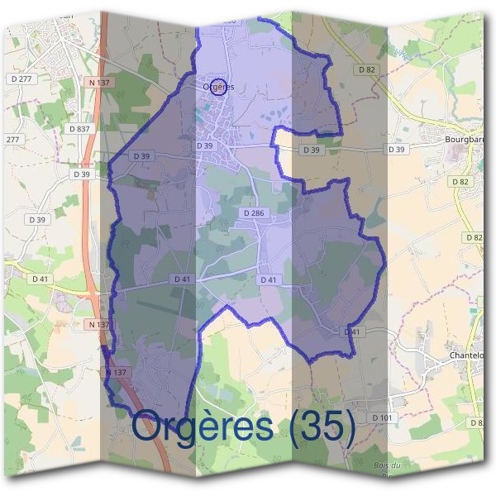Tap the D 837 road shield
(80, 129)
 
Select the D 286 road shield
(254, 213)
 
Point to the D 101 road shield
(382, 417)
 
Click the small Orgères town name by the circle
(218, 87)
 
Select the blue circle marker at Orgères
(218, 86)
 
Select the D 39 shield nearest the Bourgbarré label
(398, 150)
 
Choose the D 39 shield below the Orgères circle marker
(205, 145)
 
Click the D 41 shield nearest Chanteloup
(352, 331)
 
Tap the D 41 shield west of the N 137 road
(41, 279)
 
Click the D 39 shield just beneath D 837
(80, 174)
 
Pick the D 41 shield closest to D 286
(268, 279)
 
